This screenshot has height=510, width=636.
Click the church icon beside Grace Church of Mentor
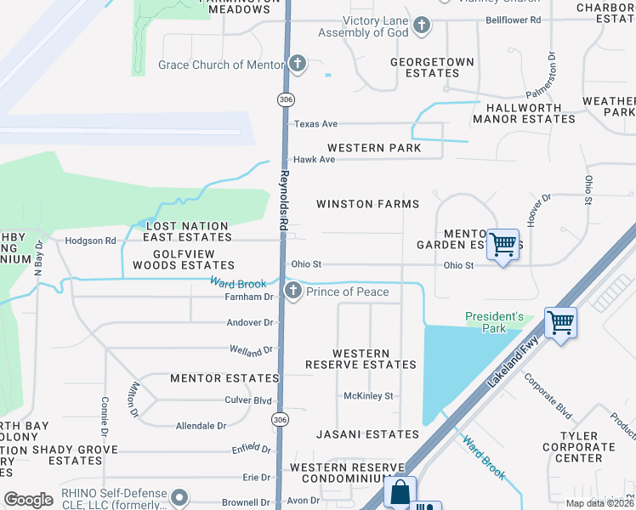(297, 64)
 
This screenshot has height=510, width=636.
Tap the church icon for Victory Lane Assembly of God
(422, 25)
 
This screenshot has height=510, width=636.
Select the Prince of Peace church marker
(292, 292)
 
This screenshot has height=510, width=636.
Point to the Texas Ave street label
(315, 124)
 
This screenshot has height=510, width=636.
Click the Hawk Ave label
(314, 160)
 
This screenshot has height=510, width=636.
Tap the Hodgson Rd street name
(90, 241)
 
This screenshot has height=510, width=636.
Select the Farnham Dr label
(250, 297)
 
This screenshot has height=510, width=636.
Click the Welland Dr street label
(252, 349)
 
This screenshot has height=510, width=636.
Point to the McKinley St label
(368, 396)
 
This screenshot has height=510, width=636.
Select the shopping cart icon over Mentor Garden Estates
(503, 245)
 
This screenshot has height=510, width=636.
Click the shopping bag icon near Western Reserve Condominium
(399, 492)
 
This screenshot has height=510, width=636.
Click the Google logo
(28, 499)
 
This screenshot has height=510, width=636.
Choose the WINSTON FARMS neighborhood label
(367, 204)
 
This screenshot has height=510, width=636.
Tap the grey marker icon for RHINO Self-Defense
(179, 496)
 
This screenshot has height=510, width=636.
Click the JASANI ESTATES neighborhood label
(356, 434)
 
